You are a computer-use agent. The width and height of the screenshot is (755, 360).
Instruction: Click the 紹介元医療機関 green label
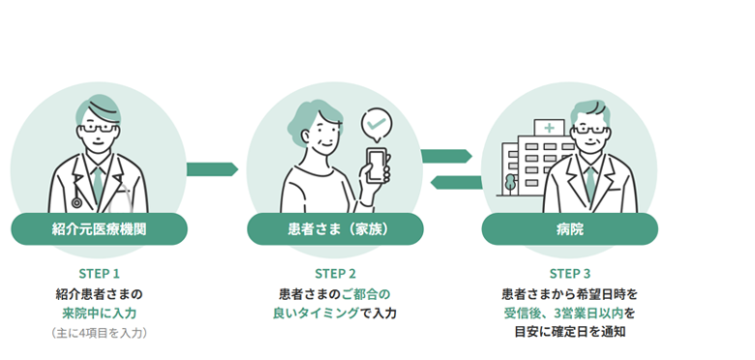click(99, 229)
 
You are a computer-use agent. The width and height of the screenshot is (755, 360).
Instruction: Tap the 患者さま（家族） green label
click(335, 229)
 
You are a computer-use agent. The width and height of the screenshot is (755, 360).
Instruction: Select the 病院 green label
click(569, 229)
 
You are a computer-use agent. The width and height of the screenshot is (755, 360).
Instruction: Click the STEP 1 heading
click(99, 274)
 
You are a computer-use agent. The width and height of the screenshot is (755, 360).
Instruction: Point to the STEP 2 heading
click(335, 274)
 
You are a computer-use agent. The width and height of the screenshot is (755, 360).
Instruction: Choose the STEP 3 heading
click(569, 274)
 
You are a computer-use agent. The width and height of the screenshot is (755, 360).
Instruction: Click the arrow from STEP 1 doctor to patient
click(212, 169)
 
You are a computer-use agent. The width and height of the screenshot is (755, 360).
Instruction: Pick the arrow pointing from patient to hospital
click(446, 156)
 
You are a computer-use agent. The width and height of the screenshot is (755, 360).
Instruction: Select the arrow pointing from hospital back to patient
click(456, 182)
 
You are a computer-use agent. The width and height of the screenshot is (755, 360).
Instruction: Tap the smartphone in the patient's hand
click(377, 165)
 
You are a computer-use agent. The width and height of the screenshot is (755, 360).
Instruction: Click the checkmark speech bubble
click(377, 126)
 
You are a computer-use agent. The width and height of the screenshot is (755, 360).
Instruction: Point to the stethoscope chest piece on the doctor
click(76, 202)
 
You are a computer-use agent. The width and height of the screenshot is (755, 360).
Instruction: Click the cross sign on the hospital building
click(549, 128)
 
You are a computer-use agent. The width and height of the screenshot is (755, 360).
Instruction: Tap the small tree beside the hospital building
click(510, 184)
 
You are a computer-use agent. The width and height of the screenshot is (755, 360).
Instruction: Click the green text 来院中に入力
click(99, 314)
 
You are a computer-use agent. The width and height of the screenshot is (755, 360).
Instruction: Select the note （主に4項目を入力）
click(99, 333)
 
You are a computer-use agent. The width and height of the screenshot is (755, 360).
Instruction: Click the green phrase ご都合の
click(366, 293)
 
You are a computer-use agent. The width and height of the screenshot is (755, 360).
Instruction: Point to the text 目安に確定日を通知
click(569, 332)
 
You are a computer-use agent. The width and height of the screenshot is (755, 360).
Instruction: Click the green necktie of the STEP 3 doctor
click(590, 183)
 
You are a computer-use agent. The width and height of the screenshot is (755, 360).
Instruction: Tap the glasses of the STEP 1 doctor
click(98, 129)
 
